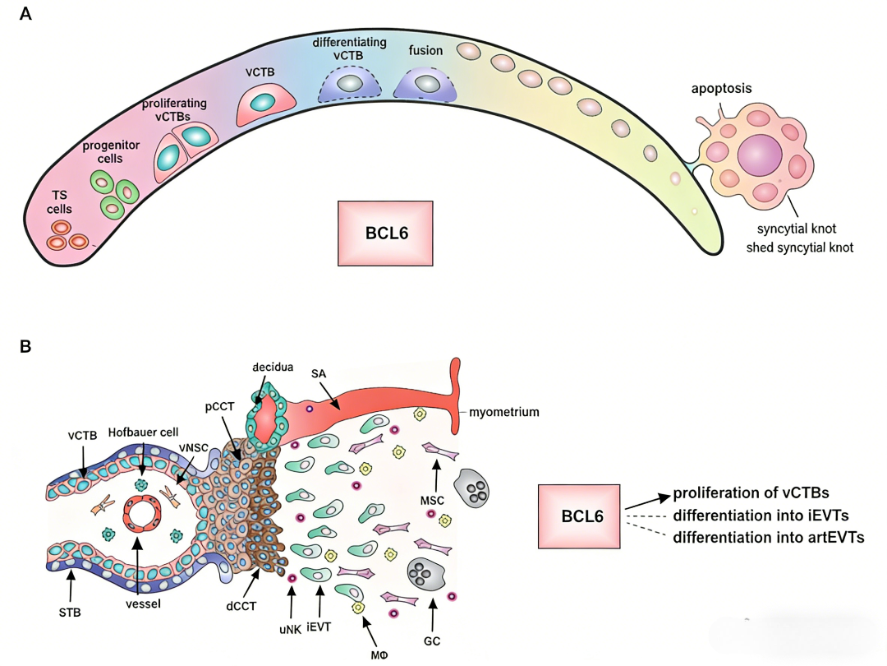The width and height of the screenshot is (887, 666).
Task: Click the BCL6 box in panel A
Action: pyautogui.click(x=386, y=232)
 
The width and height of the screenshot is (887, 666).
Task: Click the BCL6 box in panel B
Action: pyautogui.click(x=581, y=516)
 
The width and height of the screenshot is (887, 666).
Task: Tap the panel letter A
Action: pyautogui.click(x=25, y=15)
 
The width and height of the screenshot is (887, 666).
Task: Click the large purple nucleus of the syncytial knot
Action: pyautogui.click(x=760, y=154)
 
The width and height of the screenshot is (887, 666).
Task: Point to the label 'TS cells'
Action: pyautogui.click(x=59, y=202)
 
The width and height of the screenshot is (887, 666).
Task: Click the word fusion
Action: pyautogui.click(x=425, y=51)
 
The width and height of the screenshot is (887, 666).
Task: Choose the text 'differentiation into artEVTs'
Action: pyautogui.click(x=769, y=538)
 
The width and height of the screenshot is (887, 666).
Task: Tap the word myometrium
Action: pyautogui.click(x=504, y=412)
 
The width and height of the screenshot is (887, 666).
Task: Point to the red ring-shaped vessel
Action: pyautogui.click(x=138, y=516)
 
